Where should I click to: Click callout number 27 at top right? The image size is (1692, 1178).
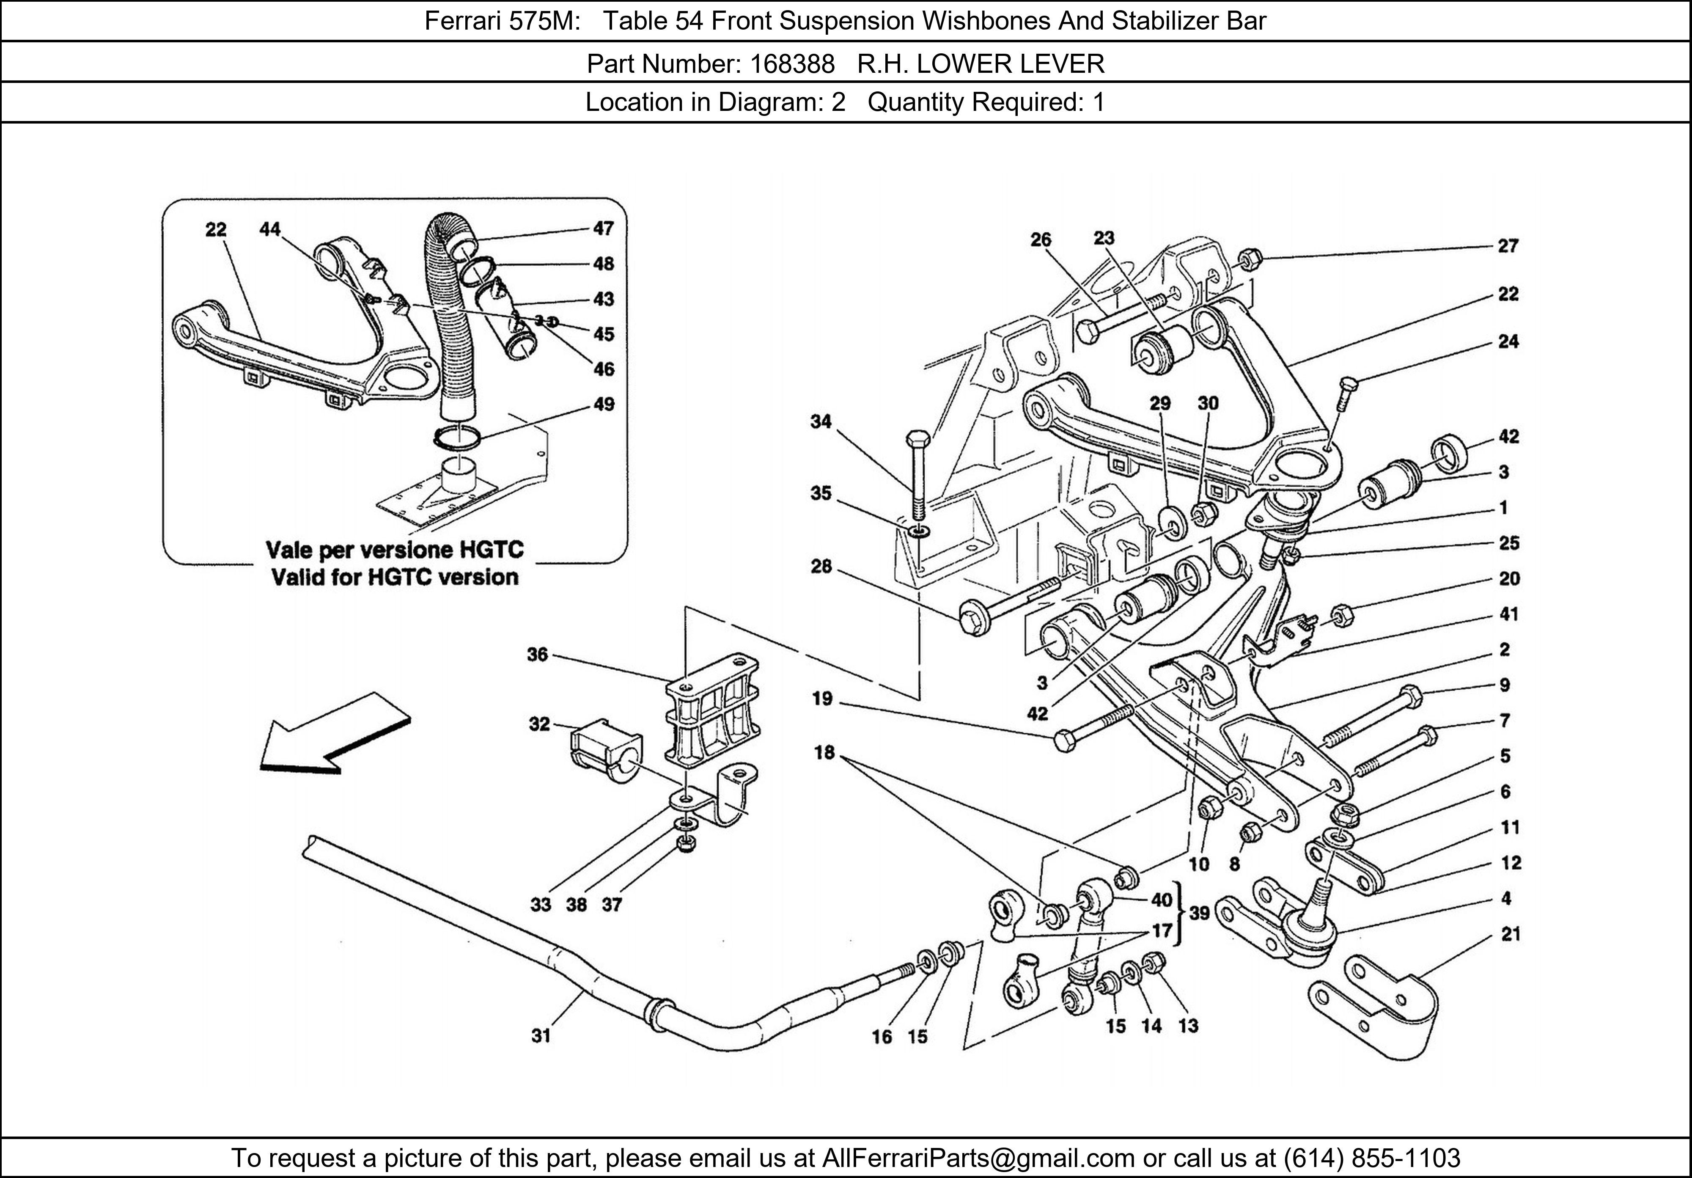[1508, 246]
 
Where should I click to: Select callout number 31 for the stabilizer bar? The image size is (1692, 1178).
[541, 1036]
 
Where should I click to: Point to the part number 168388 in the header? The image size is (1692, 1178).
[792, 64]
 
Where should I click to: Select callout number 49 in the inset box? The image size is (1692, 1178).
[604, 404]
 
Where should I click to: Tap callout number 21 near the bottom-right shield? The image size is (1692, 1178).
[1511, 935]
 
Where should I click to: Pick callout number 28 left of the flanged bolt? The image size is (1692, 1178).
[821, 566]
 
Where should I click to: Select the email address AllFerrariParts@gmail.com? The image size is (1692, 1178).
[978, 1158]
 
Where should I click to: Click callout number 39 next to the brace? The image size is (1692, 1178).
[1199, 913]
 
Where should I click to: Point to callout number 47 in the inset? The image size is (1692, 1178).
[604, 228]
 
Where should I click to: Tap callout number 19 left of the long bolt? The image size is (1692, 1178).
[822, 698]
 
